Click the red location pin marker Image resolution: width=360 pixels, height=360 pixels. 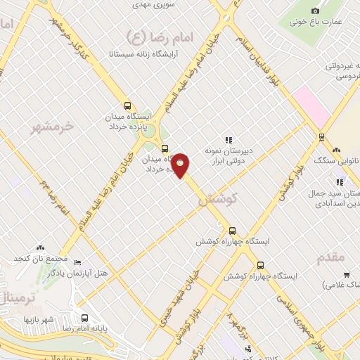coord(181,165)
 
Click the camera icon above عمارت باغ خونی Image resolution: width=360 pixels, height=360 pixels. coord(315,11)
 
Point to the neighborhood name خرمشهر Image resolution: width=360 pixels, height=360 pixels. coord(53,126)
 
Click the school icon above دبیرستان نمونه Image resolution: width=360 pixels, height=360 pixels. coord(227,140)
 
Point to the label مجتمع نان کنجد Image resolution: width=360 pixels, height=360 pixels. coord(39,259)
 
